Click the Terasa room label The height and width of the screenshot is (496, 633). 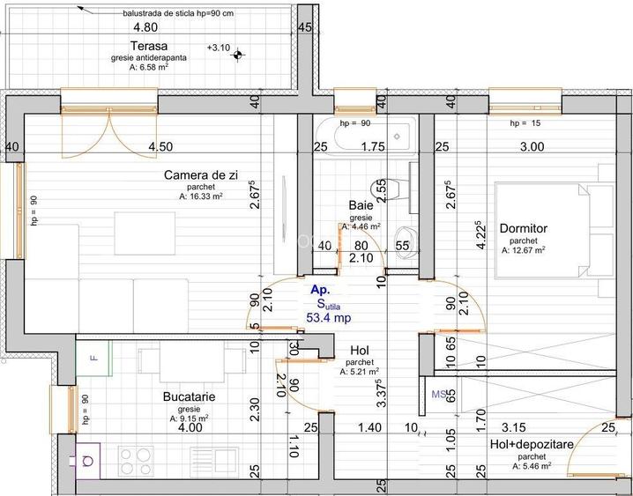coord(149,46)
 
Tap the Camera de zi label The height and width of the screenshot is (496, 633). coord(201,175)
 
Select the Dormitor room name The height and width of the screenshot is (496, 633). coord(524,228)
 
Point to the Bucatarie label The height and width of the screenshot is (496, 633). coord(189,396)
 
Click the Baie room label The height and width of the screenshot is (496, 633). coord(361,205)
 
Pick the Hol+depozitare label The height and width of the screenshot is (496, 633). coord(532,445)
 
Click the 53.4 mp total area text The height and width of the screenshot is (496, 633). coord(329,318)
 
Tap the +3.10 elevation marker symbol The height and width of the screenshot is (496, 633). coord(238,55)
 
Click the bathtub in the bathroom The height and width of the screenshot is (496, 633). coord(366,137)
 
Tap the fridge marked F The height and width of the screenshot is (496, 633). coord(93,358)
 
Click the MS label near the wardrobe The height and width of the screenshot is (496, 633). coord(439,394)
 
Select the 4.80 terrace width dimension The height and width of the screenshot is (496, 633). coord(145,27)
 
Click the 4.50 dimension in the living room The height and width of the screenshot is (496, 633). coord(160,147)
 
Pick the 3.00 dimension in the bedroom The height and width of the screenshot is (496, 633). coord(532,147)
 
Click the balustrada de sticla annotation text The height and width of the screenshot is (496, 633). coord(178,13)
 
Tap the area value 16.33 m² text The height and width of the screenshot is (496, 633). coord(201,196)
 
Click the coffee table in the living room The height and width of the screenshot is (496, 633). coord(145,233)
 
